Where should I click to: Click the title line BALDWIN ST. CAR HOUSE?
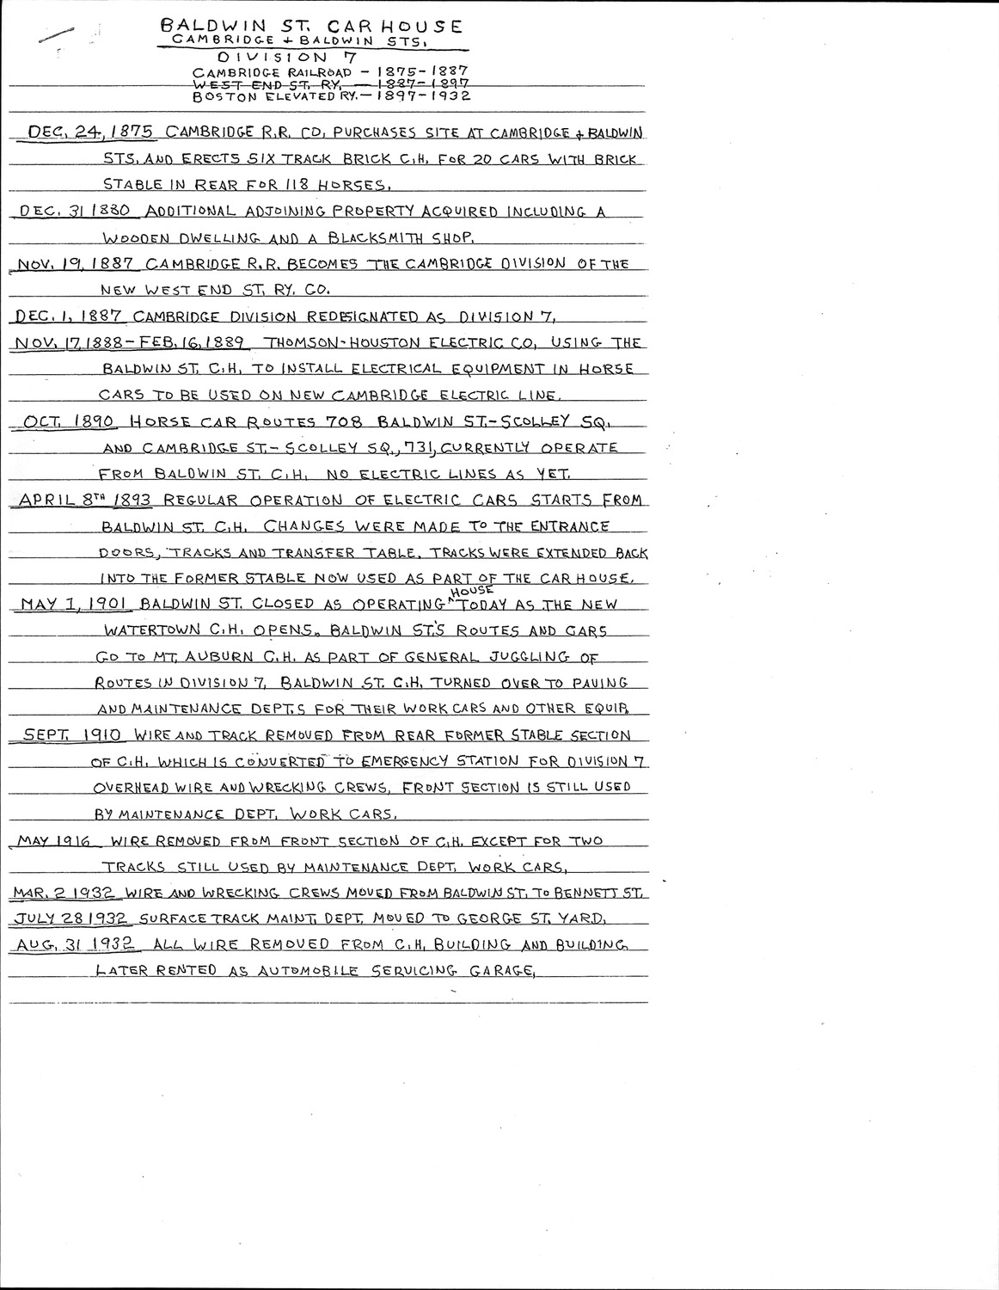(x=310, y=27)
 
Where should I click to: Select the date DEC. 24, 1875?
(x=91, y=132)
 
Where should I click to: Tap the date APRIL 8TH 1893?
(x=82, y=500)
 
